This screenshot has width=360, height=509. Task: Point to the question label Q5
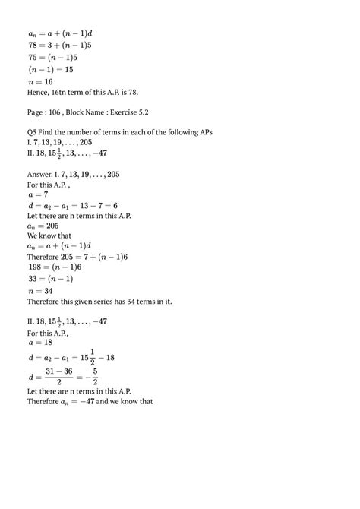[x=32, y=132]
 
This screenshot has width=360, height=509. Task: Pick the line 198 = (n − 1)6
[x=53, y=267]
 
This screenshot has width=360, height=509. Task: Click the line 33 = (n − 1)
[x=49, y=279]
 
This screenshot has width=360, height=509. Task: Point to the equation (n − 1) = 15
[x=51, y=68]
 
